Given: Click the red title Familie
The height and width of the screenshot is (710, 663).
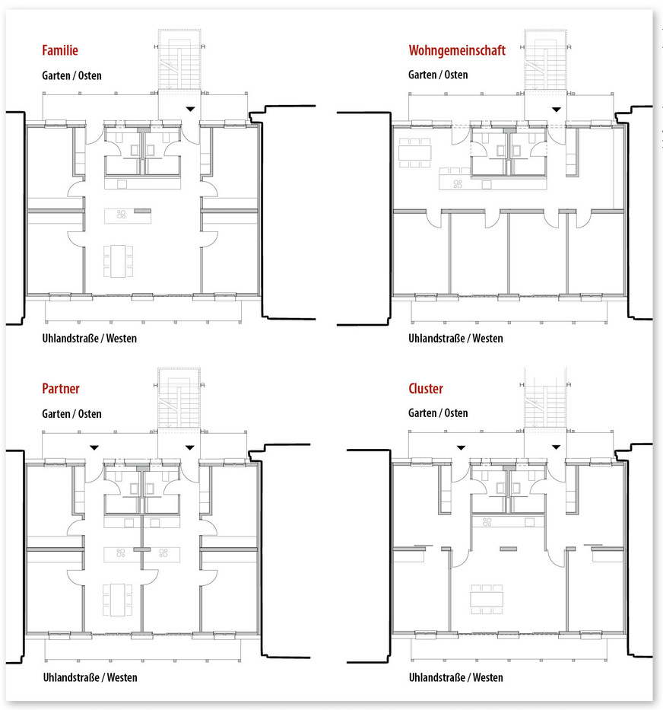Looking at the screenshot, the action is [60, 50].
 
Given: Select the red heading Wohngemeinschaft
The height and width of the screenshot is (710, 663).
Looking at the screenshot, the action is [457, 50].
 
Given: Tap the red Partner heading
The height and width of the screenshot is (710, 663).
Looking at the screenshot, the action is [61, 389].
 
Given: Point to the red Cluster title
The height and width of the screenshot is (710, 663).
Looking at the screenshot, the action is [426, 389].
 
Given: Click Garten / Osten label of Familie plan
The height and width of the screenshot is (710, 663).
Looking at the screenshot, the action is [71, 75].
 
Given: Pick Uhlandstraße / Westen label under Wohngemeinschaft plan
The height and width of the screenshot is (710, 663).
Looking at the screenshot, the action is [455, 338].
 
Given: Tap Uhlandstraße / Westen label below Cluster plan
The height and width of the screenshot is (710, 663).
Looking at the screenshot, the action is [455, 677].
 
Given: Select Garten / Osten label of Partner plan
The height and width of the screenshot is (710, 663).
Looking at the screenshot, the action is [71, 414].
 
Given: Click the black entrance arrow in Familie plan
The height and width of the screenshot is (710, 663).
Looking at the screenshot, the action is [191, 109].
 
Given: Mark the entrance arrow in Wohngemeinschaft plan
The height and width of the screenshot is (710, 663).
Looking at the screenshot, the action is [557, 110].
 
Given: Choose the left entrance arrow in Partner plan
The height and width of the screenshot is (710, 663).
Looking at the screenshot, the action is [94, 447].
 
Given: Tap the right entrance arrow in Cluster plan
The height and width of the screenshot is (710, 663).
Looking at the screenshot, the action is [557, 447].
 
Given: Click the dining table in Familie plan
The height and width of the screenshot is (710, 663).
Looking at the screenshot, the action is [118, 261].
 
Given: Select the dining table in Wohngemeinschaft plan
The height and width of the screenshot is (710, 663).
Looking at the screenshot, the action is [414, 153].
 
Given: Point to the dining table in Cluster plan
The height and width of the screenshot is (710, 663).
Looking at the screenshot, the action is [487, 599].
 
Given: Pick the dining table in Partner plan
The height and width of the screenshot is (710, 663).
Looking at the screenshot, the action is [118, 600].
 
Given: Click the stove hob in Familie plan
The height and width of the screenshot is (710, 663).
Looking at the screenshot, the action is [121, 215].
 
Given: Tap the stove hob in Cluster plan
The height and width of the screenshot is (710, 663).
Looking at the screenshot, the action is [487, 522].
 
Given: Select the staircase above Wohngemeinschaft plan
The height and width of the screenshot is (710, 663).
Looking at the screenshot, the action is [545, 60].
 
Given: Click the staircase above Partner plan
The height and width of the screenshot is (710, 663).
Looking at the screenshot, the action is [179, 398].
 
